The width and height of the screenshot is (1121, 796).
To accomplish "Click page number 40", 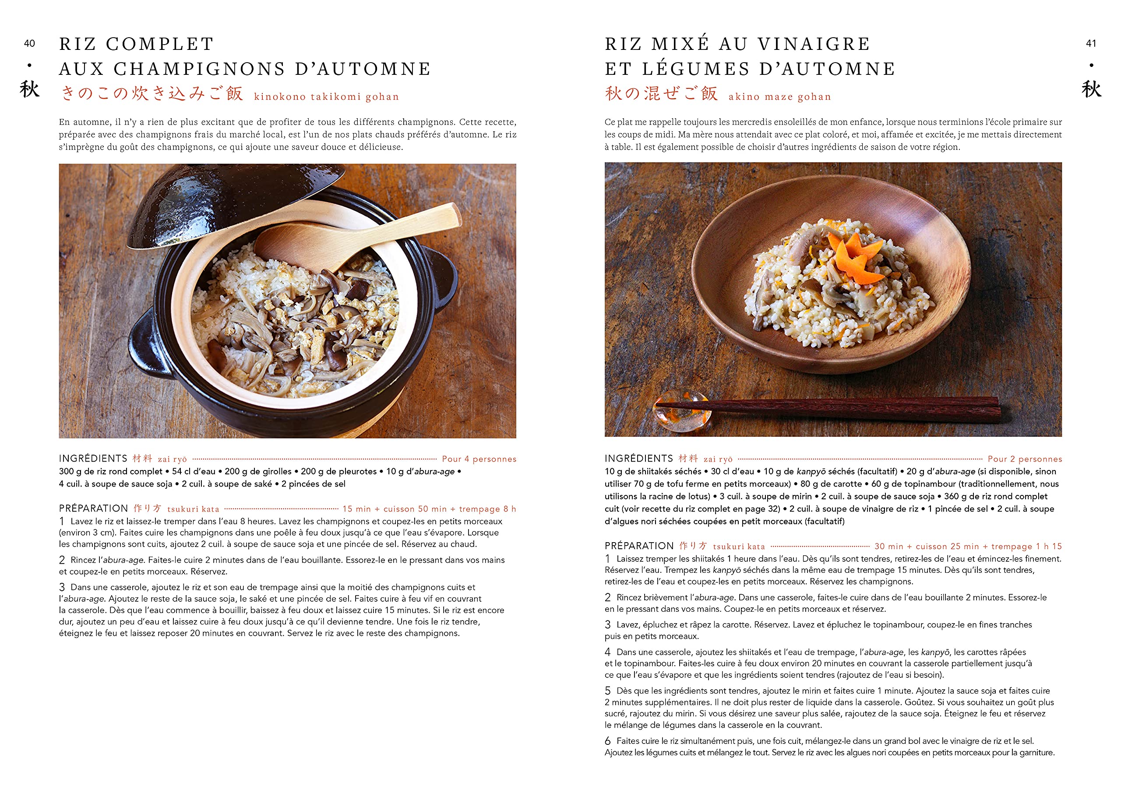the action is click(x=29, y=44).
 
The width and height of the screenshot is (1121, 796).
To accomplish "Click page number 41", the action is click(x=1091, y=44).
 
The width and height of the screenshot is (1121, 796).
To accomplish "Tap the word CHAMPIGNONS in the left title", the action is click(x=200, y=69).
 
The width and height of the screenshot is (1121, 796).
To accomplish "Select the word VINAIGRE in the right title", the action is click(x=814, y=44).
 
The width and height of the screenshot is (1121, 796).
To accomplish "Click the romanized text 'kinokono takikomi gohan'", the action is click(x=327, y=97).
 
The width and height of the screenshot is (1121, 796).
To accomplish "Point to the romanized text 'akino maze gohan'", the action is click(x=780, y=97).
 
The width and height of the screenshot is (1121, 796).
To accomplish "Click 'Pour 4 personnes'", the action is click(x=479, y=459).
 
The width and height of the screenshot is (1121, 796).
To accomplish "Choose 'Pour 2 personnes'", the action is click(x=1025, y=459).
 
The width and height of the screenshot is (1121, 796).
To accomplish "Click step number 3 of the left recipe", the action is click(x=62, y=587).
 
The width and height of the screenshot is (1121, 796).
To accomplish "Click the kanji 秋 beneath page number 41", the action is click(x=1092, y=89).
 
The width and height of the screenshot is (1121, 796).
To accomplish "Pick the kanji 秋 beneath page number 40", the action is click(x=29, y=89).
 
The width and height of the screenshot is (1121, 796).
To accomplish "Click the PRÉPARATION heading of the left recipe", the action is click(x=93, y=509).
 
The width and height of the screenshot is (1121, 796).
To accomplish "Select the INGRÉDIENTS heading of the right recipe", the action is click(x=639, y=459).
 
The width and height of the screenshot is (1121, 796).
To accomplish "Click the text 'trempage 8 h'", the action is click(x=487, y=509).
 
